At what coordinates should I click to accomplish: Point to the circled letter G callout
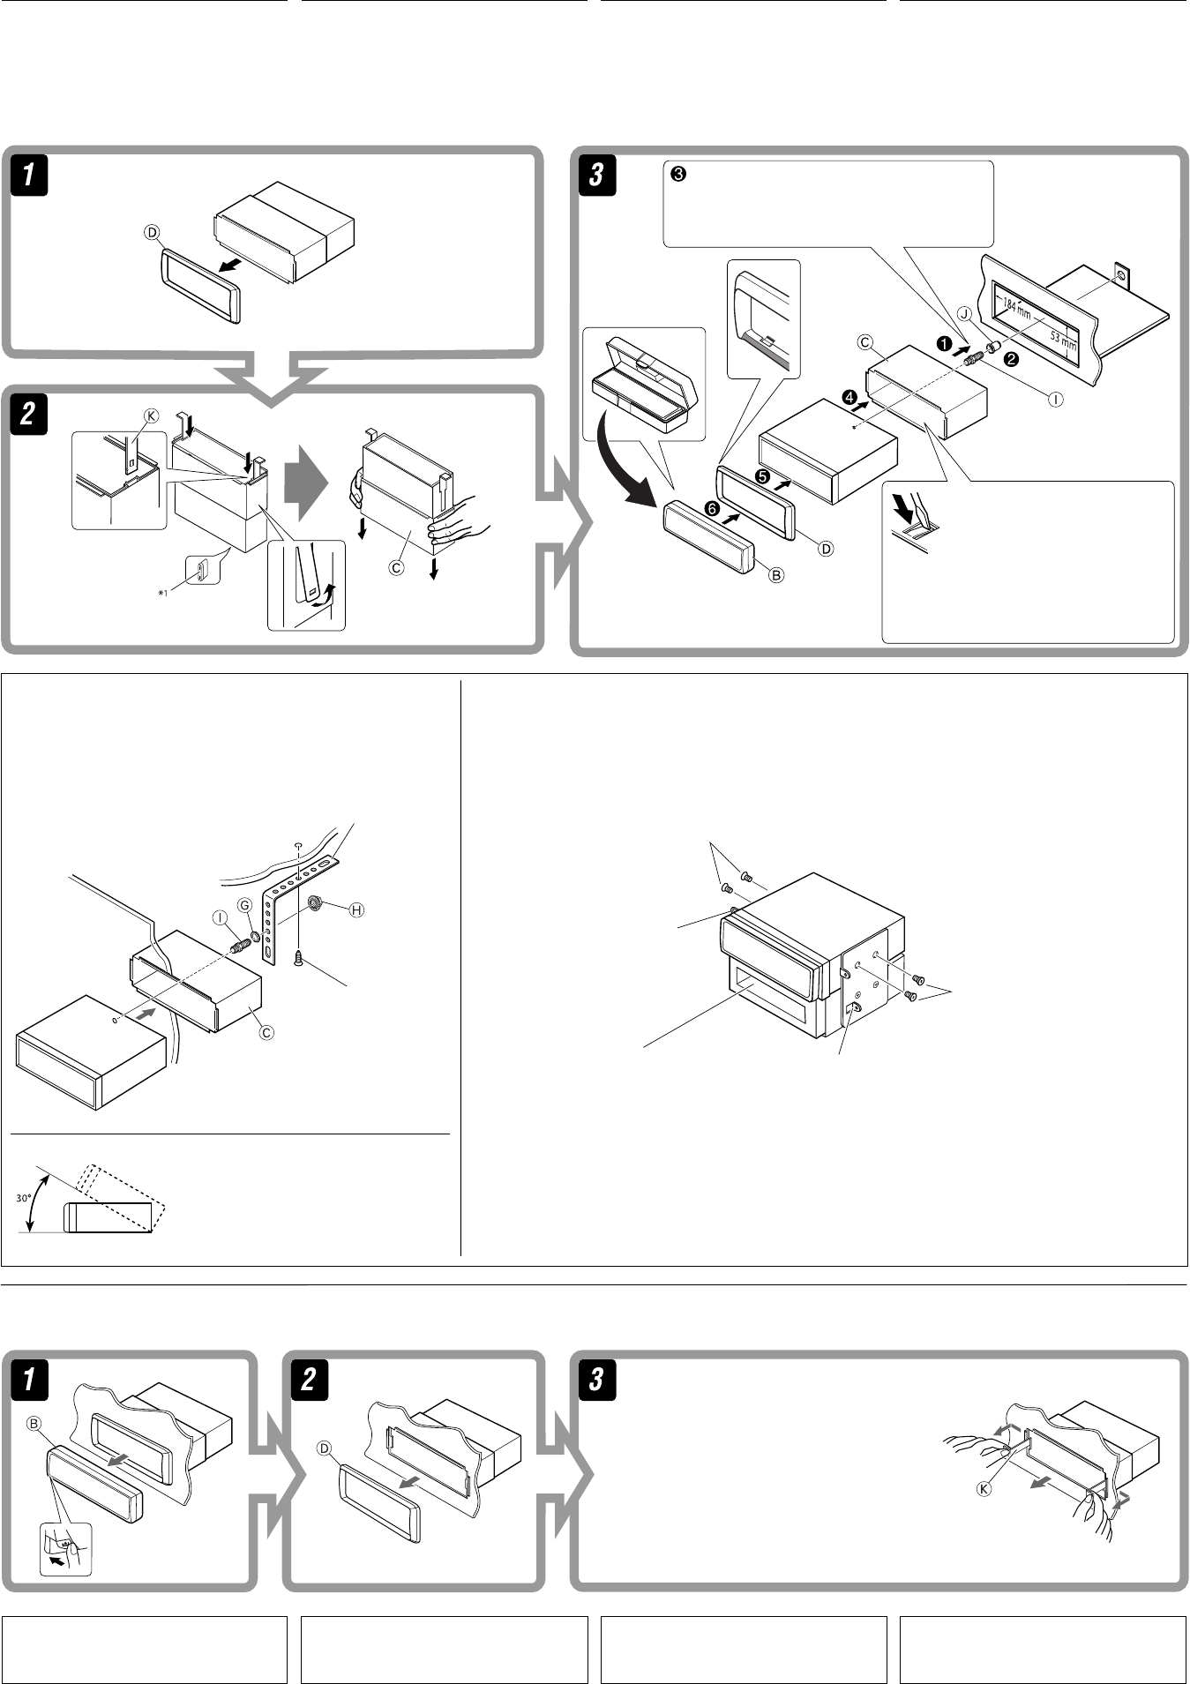[245, 905]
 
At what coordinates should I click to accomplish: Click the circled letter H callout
[356, 910]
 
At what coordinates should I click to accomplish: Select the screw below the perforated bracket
[299, 956]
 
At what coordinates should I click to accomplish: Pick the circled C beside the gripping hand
[397, 568]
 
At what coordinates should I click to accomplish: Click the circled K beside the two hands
[984, 1487]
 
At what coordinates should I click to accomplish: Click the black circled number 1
[943, 344]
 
